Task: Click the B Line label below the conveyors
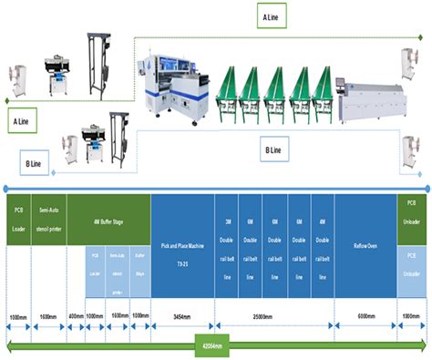tap(273, 149)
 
